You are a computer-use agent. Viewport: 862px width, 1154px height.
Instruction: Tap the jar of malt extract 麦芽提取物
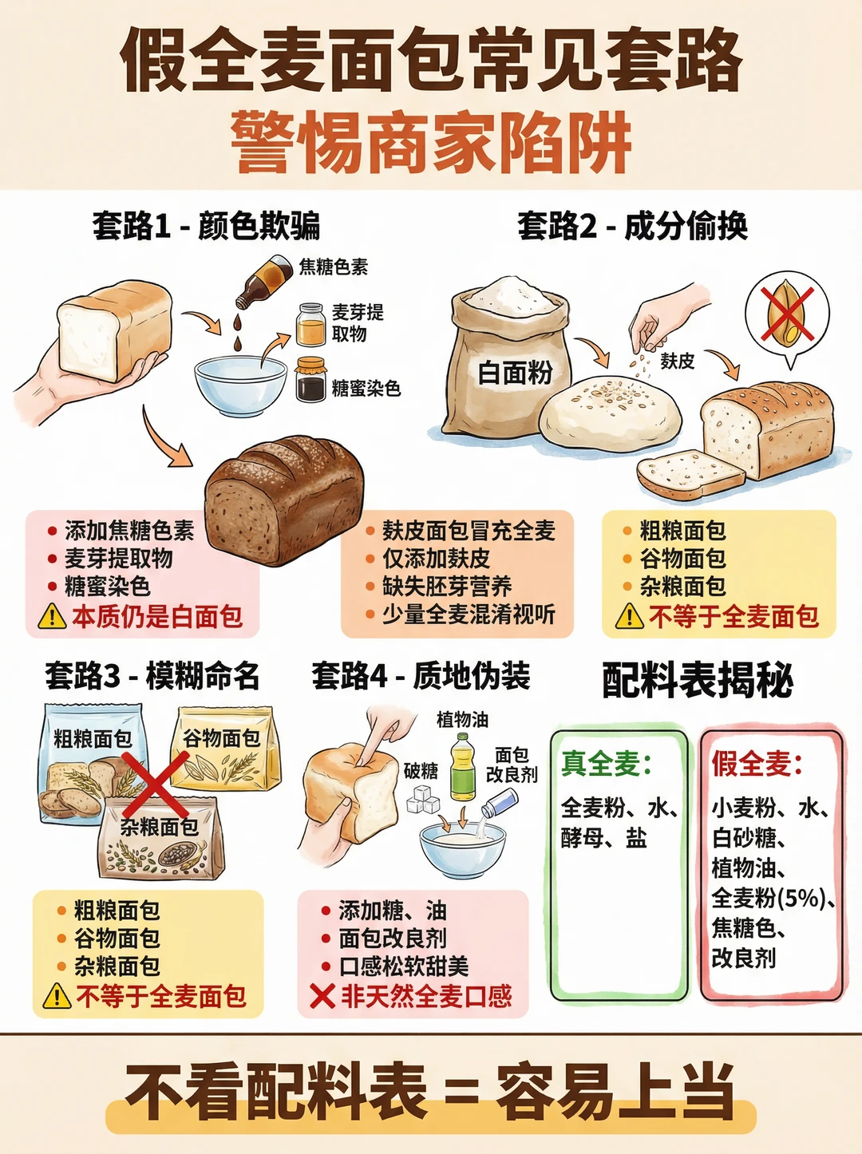point(310,324)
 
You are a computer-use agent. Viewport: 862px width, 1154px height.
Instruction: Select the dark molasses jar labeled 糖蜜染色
point(310,379)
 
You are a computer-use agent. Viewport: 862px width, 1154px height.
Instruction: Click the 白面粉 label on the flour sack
point(515,373)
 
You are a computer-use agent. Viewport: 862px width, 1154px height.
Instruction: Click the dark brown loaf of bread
point(284,500)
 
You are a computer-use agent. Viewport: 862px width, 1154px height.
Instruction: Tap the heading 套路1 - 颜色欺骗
point(206,226)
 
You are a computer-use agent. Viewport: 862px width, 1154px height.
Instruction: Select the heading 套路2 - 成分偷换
point(632,226)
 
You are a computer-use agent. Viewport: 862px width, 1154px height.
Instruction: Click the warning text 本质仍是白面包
point(157,616)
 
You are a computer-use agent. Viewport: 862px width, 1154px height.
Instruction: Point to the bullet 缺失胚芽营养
point(447,587)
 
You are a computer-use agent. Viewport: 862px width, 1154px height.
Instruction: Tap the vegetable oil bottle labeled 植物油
point(463,768)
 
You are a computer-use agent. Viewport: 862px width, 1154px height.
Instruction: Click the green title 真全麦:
point(607,764)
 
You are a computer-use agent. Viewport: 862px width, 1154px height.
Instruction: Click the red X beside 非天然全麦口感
point(322,996)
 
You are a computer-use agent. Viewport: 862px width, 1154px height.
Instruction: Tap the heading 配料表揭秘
point(697,680)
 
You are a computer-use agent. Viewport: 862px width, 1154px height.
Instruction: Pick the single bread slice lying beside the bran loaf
point(690,474)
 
